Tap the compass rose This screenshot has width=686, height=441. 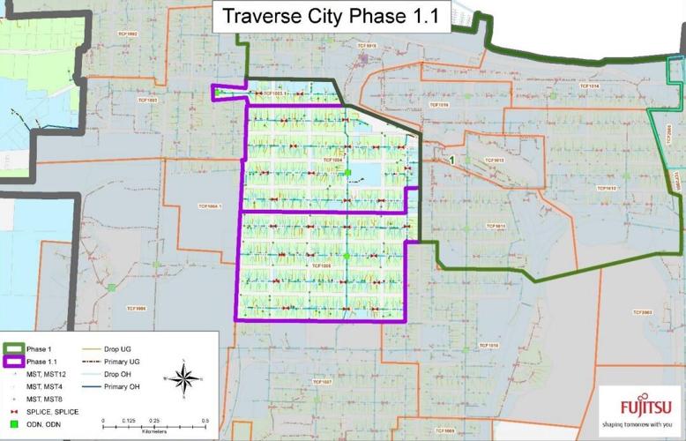(183, 379)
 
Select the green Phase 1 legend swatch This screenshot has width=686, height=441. (14, 349)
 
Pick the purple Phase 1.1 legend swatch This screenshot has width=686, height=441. (14, 362)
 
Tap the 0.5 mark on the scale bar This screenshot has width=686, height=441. (205, 421)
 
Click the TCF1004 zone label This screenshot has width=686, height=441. (332, 161)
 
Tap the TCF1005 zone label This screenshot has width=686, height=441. (320, 265)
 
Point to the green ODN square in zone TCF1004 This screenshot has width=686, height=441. (348, 172)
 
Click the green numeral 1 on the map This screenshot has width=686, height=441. (451, 161)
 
